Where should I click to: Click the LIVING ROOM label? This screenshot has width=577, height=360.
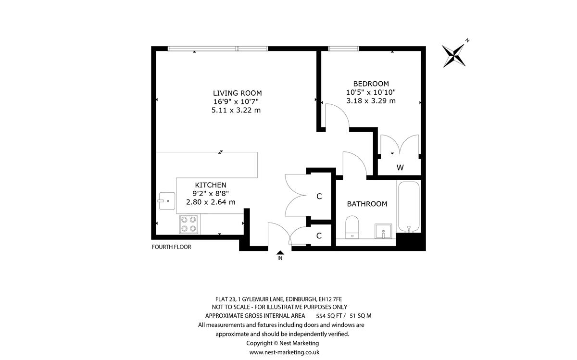click(x=237, y=93)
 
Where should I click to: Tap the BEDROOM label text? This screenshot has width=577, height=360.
click(x=371, y=84)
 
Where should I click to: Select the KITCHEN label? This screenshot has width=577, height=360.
click(x=211, y=185)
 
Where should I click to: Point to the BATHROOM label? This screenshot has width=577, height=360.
click(x=367, y=204)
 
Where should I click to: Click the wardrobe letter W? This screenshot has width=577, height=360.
click(x=400, y=168)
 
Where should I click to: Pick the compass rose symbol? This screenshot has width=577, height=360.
click(x=454, y=55)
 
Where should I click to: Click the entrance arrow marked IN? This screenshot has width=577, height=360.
click(x=280, y=253)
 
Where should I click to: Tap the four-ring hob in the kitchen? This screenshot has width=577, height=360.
click(x=188, y=224)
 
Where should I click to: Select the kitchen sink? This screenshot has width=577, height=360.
click(x=167, y=201)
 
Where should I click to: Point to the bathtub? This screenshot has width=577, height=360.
click(x=409, y=207)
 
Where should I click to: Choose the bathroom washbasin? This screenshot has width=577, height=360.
click(x=383, y=231)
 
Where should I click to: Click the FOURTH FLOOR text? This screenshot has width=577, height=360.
click(x=171, y=247)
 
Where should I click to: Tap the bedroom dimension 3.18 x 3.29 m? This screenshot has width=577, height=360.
click(x=371, y=100)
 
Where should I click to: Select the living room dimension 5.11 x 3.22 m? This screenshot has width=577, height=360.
click(x=236, y=110)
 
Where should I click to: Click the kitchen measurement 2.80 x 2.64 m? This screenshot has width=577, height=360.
click(x=211, y=202)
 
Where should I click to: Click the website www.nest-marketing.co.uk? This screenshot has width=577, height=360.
click(x=284, y=352)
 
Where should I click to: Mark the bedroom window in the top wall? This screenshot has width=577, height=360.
click(x=344, y=49)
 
